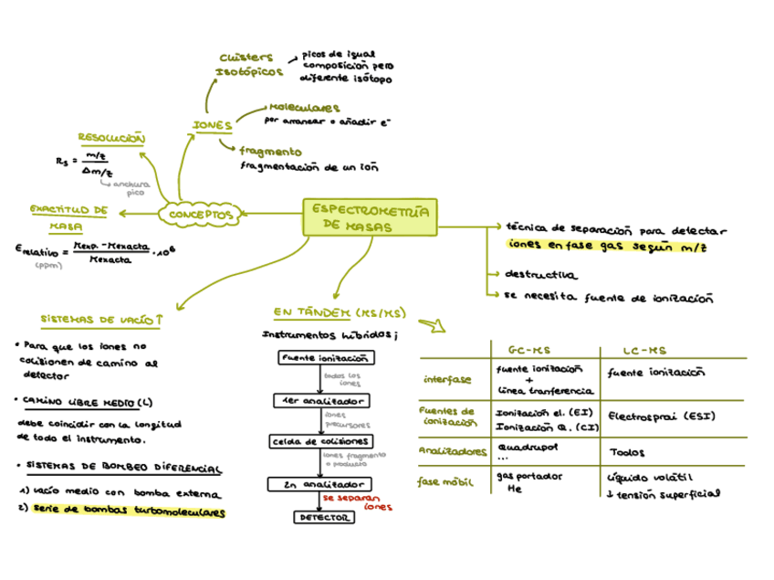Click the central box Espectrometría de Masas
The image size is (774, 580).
point(369,217)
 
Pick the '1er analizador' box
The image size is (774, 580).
point(321,401)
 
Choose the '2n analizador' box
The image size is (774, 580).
point(319,484)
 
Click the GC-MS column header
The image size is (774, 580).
point(527,350)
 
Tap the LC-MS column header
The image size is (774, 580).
point(644,350)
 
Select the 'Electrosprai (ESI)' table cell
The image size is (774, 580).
point(661,417)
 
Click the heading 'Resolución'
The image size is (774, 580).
point(111,138)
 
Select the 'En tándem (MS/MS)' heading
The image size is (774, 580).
point(338,313)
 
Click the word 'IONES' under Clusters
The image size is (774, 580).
point(212,125)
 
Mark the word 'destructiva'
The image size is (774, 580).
point(540,274)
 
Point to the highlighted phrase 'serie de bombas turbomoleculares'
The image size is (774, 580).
point(128,512)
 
